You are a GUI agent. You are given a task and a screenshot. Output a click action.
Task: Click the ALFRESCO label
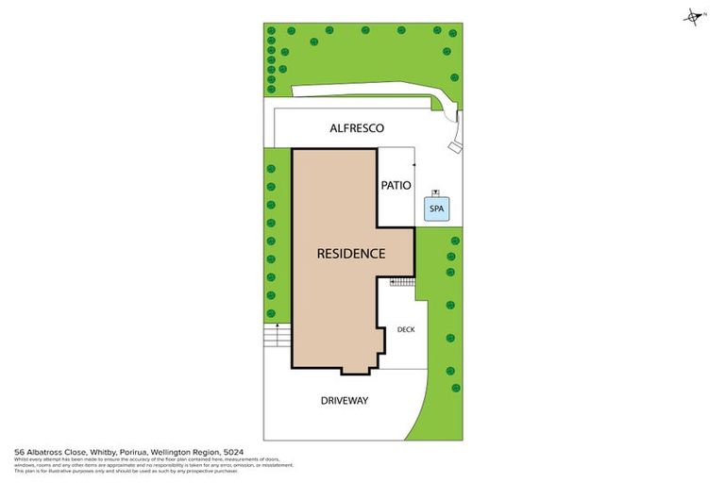pyautogui.click(x=356, y=128)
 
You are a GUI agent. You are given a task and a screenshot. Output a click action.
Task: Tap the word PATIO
pyautogui.click(x=396, y=186)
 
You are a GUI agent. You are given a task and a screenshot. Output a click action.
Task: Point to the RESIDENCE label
pyautogui.click(x=350, y=254)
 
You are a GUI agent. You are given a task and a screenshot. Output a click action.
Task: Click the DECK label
pyautogui.click(x=406, y=329)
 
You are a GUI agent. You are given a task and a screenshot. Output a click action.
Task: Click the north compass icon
pyautogui.click(x=695, y=16)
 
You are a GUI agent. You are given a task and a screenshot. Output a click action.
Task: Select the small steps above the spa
pyautogui.click(x=434, y=192)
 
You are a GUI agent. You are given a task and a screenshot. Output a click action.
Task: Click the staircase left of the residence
pyautogui.click(x=275, y=335)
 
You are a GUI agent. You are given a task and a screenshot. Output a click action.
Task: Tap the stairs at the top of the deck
pyautogui.click(x=402, y=281)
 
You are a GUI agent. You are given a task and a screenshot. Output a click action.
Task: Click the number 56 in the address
pyautogui.click(x=20, y=452)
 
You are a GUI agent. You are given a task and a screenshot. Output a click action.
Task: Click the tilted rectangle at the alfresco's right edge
pyautogui.click(x=455, y=147)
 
